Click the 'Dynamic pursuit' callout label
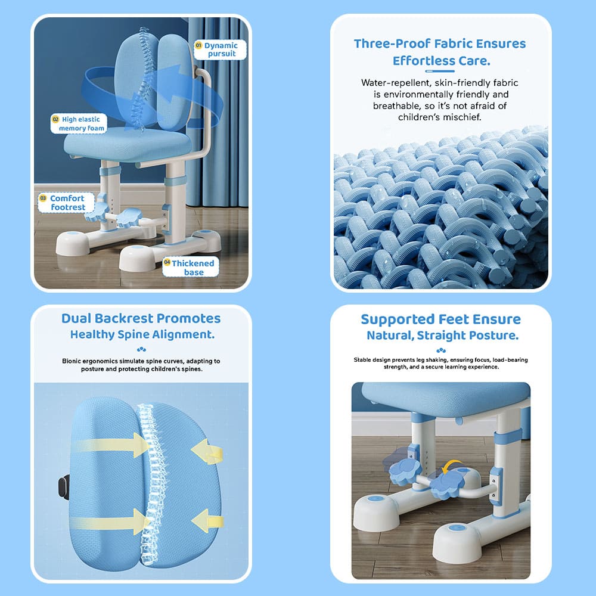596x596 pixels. tap(220, 49)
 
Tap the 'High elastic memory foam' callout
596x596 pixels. tap(79, 124)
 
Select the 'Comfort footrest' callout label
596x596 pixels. tap(67, 203)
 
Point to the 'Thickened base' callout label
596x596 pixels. tap(191, 267)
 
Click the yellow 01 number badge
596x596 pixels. tap(198, 45)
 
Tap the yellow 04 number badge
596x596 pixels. tap(167, 262)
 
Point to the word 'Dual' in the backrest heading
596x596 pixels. tap(76, 318)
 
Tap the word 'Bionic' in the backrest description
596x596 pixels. tap(71, 361)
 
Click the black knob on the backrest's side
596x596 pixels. tap(64, 488)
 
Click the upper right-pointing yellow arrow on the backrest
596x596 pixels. tap(114, 445)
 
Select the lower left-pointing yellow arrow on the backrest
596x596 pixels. tap(207, 520)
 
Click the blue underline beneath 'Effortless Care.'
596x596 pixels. tap(440, 71)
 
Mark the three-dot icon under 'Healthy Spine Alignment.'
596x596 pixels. tap(141, 349)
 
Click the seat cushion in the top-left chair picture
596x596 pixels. tap(128, 144)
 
